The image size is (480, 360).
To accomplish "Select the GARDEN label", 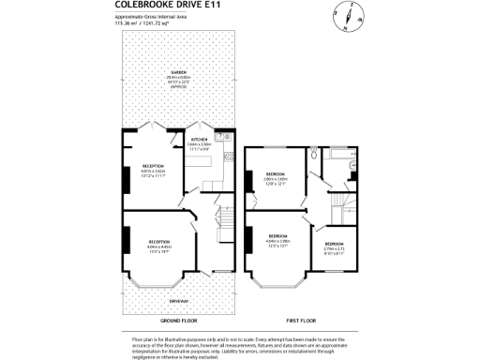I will pyautogui.click(x=177, y=72).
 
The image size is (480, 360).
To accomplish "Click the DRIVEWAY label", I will pyautogui.click(x=178, y=301).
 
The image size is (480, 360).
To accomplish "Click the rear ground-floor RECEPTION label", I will pyautogui.click(x=153, y=165).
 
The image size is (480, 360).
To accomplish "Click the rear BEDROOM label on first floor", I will pyautogui.click(x=276, y=174).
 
